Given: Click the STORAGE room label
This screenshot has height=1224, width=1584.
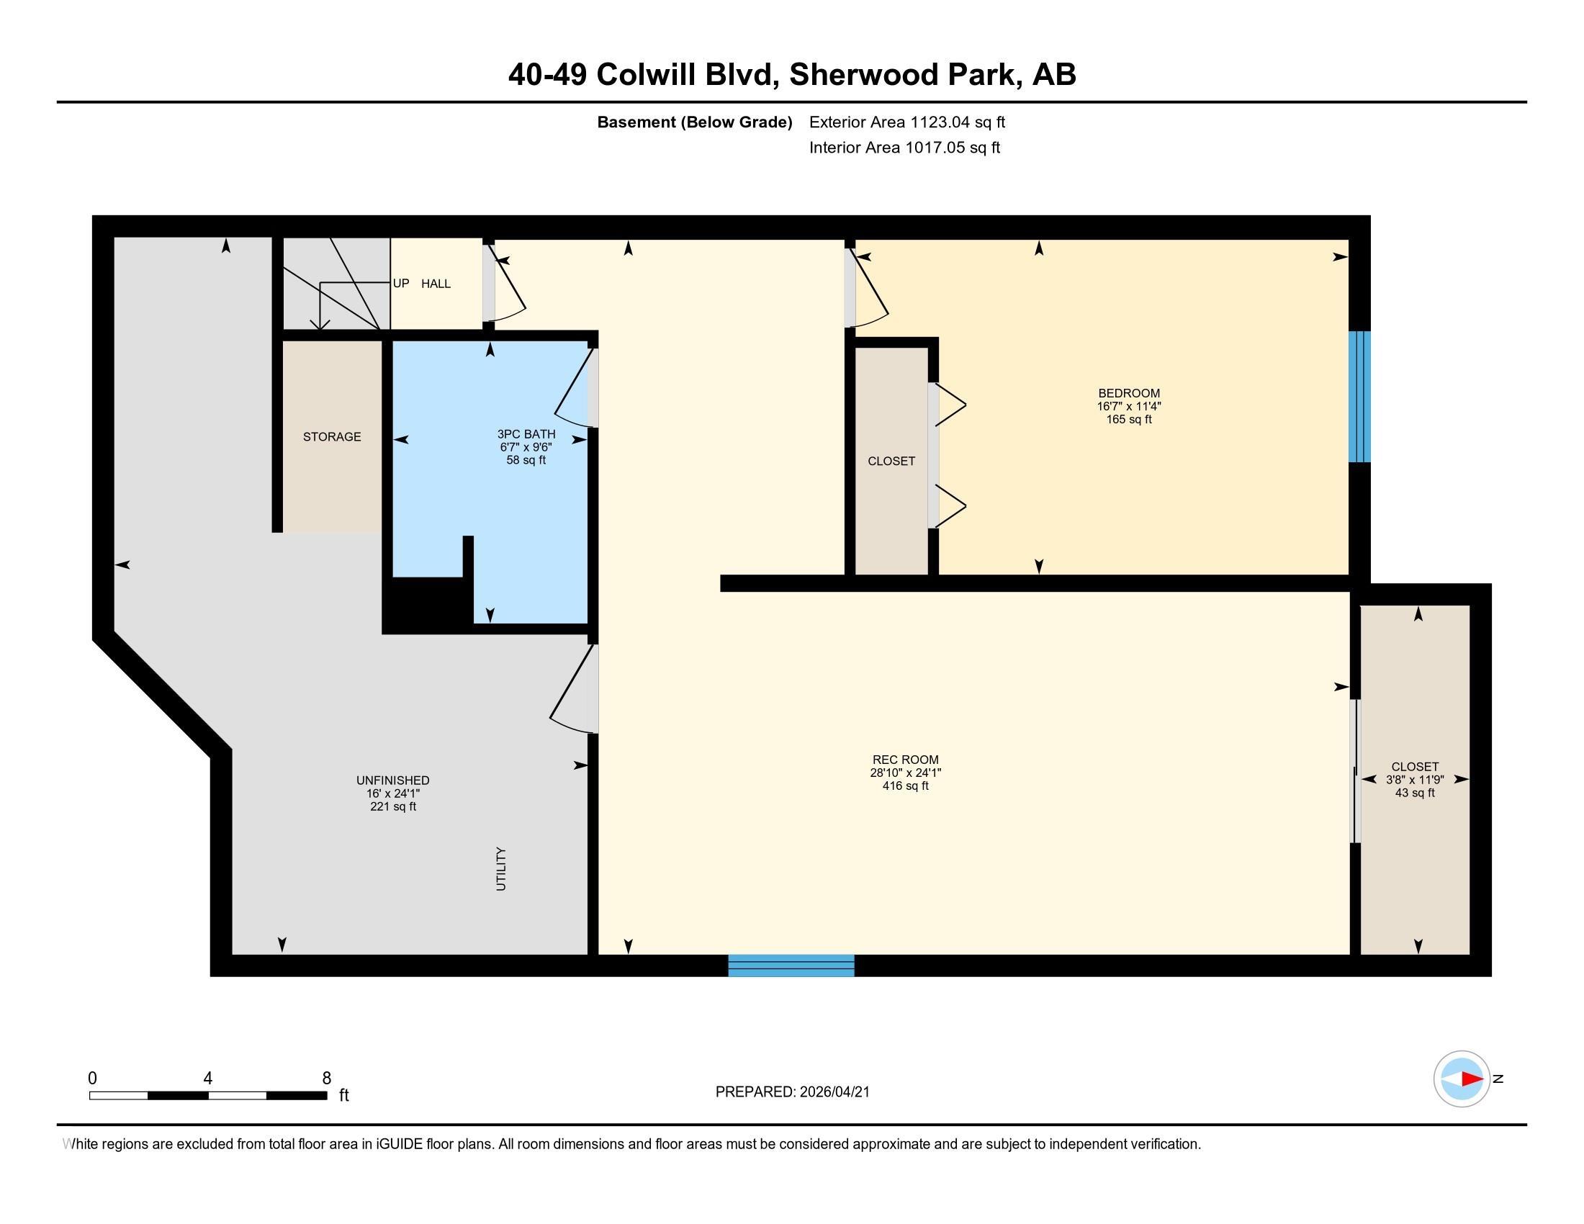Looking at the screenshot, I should pyautogui.click(x=331, y=436).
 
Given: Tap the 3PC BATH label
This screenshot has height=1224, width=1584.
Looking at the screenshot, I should pyautogui.click(x=526, y=434).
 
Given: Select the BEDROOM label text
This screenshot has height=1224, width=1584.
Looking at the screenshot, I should pyautogui.click(x=1128, y=394).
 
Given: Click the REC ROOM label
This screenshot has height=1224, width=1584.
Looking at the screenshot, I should pyautogui.click(x=905, y=760).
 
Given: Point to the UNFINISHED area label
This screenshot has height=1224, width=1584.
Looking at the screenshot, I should pyautogui.click(x=392, y=780).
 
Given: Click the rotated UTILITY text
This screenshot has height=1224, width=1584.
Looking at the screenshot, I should pyautogui.click(x=500, y=869).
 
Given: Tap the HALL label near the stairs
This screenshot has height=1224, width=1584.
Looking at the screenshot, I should pyautogui.click(x=436, y=284).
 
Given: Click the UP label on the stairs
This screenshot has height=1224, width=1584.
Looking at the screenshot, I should pyautogui.click(x=401, y=283).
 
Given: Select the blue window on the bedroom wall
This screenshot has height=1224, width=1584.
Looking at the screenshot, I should pyautogui.click(x=1359, y=397).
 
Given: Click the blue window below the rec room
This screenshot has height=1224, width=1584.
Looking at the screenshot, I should pyautogui.click(x=791, y=966).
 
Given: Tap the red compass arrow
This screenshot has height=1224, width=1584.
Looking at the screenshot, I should pyautogui.click(x=1472, y=1079).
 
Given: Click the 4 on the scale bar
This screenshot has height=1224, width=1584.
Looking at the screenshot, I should pyautogui.click(x=208, y=1079).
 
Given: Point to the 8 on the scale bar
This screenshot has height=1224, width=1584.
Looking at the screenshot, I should pyautogui.click(x=326, y=1079).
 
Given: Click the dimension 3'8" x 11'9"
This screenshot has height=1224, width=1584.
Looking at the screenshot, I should pyautogui.click(x=1414, y=780).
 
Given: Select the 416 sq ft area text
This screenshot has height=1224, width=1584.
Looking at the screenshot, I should pyautogui.click(x=905, y=786).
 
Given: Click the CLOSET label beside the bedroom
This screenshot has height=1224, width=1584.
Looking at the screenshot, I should pyautogui.click(x=891, y=462).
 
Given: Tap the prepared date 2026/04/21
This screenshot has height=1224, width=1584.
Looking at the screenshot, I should pyautogui.click(x=834, y=1092).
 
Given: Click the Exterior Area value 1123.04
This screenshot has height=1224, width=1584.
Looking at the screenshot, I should pyautogui.click(x=940, y=122).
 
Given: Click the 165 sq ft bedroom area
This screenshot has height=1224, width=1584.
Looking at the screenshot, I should pyautogui.click(x=1128, y=420).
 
